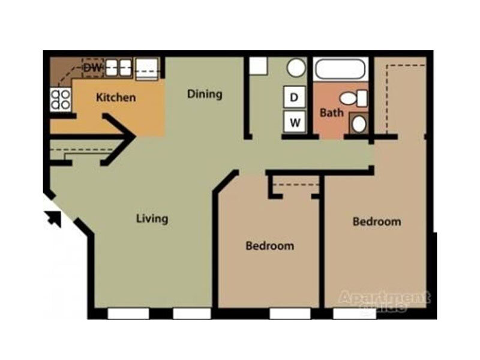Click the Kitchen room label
point(116,97)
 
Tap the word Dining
point(205,94)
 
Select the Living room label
point(152,218)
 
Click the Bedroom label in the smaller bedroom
point(270,246)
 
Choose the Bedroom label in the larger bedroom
point(376,221)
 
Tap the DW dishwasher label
point(91,67)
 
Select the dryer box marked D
point(295,97)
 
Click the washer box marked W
point(295,122)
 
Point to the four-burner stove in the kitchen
point(59,99)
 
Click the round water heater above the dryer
point(296,68)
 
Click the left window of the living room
point(128,313)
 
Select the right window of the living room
point(191,313)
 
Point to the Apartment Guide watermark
point(385,299)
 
